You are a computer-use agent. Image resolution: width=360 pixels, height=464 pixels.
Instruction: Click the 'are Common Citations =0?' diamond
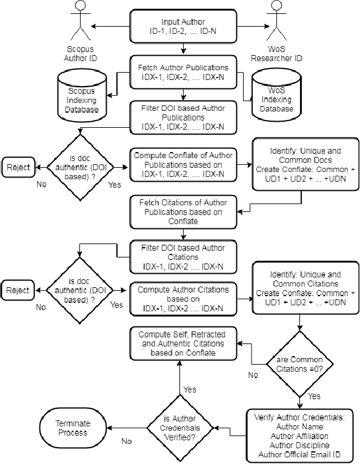(298, 364)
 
